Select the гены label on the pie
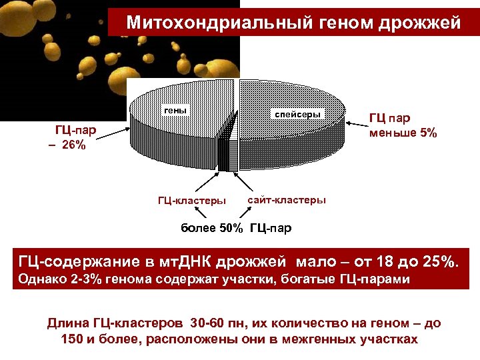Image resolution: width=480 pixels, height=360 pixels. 176,110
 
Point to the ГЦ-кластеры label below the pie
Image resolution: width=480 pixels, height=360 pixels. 191,201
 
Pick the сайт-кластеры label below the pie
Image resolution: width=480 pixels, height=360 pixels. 287,199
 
